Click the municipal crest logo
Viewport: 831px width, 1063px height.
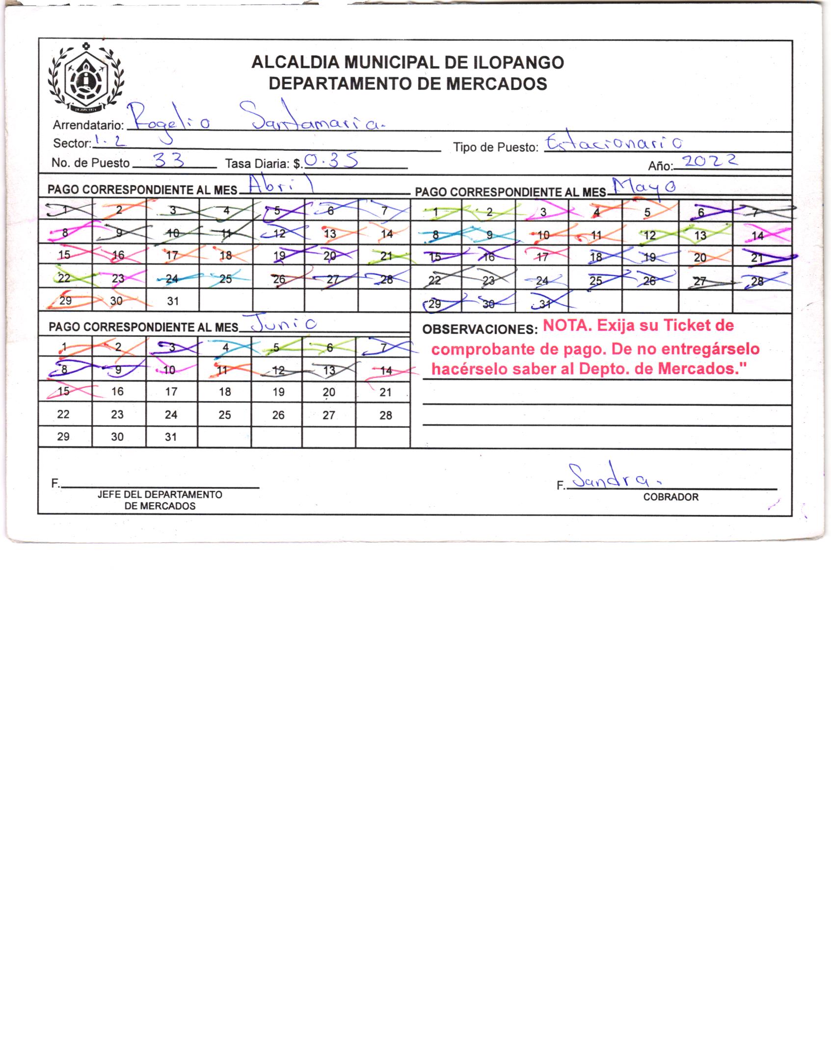tap(86, 78)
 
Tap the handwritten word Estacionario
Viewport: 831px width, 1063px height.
tap(614, 143)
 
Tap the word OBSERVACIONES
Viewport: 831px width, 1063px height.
tap(476, 329)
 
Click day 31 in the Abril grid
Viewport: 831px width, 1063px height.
tap(172, 301)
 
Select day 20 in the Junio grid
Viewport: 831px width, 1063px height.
tap(329, 392)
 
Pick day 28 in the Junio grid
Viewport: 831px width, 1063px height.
tap(386, 415)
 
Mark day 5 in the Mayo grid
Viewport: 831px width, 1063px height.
tap(647, 213)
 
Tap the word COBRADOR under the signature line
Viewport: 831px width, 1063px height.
tap(670, 497)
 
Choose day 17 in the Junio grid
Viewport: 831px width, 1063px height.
tap(171, 392)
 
